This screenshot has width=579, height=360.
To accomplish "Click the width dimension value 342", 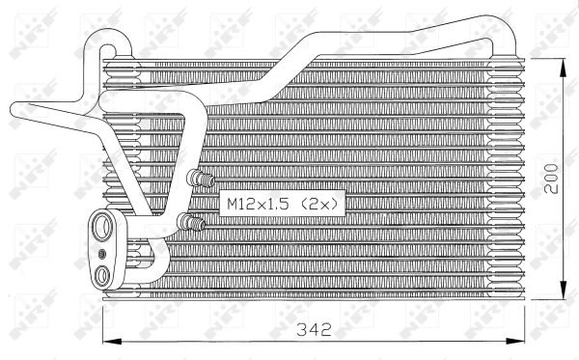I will click(x=314, y=329).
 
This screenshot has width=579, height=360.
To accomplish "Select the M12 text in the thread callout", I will click(x=241, y=204).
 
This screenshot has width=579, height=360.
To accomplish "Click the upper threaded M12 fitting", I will click(x=202, y=179).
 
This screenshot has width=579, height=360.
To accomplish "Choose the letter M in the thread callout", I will click(x=233, y=204).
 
